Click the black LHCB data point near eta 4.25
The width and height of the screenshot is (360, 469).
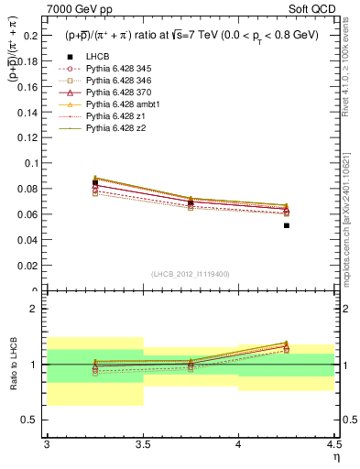[287, 225]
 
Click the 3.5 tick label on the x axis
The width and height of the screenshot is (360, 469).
[142, 444]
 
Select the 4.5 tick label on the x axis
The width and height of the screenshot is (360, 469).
[333, 444]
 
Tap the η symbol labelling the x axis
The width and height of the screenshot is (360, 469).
[336, 456]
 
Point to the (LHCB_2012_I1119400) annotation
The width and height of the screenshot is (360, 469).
[191, 273]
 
